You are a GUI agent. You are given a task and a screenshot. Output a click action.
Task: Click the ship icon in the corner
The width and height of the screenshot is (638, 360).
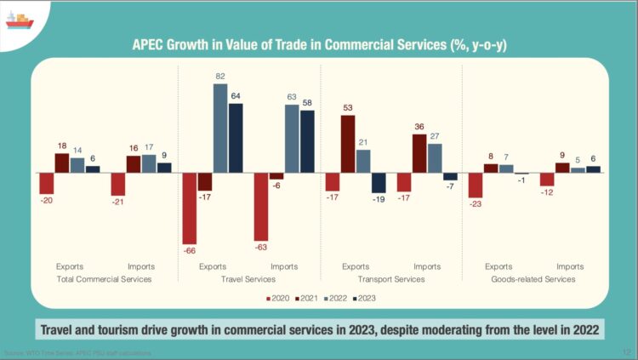tap(20, 18)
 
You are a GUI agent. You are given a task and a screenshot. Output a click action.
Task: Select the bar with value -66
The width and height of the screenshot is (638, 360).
tap(190, 209)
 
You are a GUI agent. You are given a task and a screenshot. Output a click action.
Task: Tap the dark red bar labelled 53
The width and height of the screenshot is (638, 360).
tap(347, 144)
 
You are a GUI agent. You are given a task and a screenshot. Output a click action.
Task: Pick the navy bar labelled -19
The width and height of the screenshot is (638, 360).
tap(379, 183)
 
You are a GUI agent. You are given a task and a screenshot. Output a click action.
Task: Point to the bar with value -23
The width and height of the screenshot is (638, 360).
tap(475, 185)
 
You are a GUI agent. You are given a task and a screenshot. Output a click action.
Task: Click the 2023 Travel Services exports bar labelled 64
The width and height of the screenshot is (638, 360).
tap(236, 138)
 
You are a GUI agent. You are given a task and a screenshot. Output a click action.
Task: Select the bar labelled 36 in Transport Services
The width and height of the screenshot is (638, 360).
tap(419, 153)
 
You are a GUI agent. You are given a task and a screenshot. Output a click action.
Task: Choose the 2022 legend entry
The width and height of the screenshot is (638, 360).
tap(333, 299)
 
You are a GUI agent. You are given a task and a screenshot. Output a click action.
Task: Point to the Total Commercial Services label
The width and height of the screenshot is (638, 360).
tap(104, 279)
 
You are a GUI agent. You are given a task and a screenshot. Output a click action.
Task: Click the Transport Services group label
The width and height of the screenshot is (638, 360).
tap(390, 279)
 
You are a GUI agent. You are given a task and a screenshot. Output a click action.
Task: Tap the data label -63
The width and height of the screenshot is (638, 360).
tap(261, 248)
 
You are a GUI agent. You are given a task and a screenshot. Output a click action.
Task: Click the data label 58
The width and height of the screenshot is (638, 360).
tap(307, 103)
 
